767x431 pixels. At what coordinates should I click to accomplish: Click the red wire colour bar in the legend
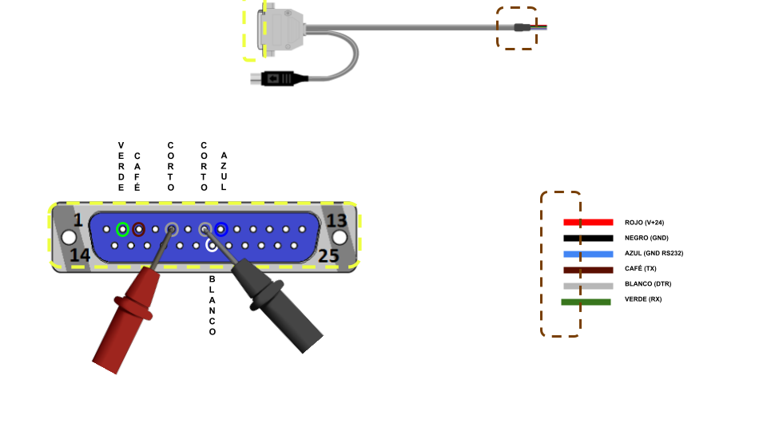(x=588, y=222)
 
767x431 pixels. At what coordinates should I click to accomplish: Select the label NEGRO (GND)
(x=646, y=238)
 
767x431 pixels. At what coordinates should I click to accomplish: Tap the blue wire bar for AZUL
(x=588, y=254)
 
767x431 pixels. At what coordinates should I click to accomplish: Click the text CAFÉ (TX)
(x=641, y=268)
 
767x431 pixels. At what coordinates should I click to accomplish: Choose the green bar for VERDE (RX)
(x=586, y=302)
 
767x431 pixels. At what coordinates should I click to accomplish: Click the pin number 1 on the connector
(x=78, y=219)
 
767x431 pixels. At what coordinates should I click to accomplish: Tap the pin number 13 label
(x=336, y=219)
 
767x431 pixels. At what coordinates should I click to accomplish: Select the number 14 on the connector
(x=79, y=255)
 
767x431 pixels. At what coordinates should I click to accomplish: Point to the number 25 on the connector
(x=328, y=255)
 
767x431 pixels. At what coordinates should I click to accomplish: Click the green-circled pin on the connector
(x=122, y=229)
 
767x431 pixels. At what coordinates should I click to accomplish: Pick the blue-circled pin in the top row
(x=221, y=229)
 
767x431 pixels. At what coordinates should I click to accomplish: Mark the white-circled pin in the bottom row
(x=213, y=245)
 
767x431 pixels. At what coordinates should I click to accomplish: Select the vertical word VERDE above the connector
(x=121, y=167)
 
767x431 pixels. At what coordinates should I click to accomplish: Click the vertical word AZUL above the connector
(x=223, y=171)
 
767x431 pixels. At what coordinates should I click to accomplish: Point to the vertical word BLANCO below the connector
(x=213, y=305)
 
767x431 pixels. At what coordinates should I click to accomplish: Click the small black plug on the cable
(x=279, y=78)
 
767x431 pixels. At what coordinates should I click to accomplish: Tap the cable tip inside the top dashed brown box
(x=523, y=27)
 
